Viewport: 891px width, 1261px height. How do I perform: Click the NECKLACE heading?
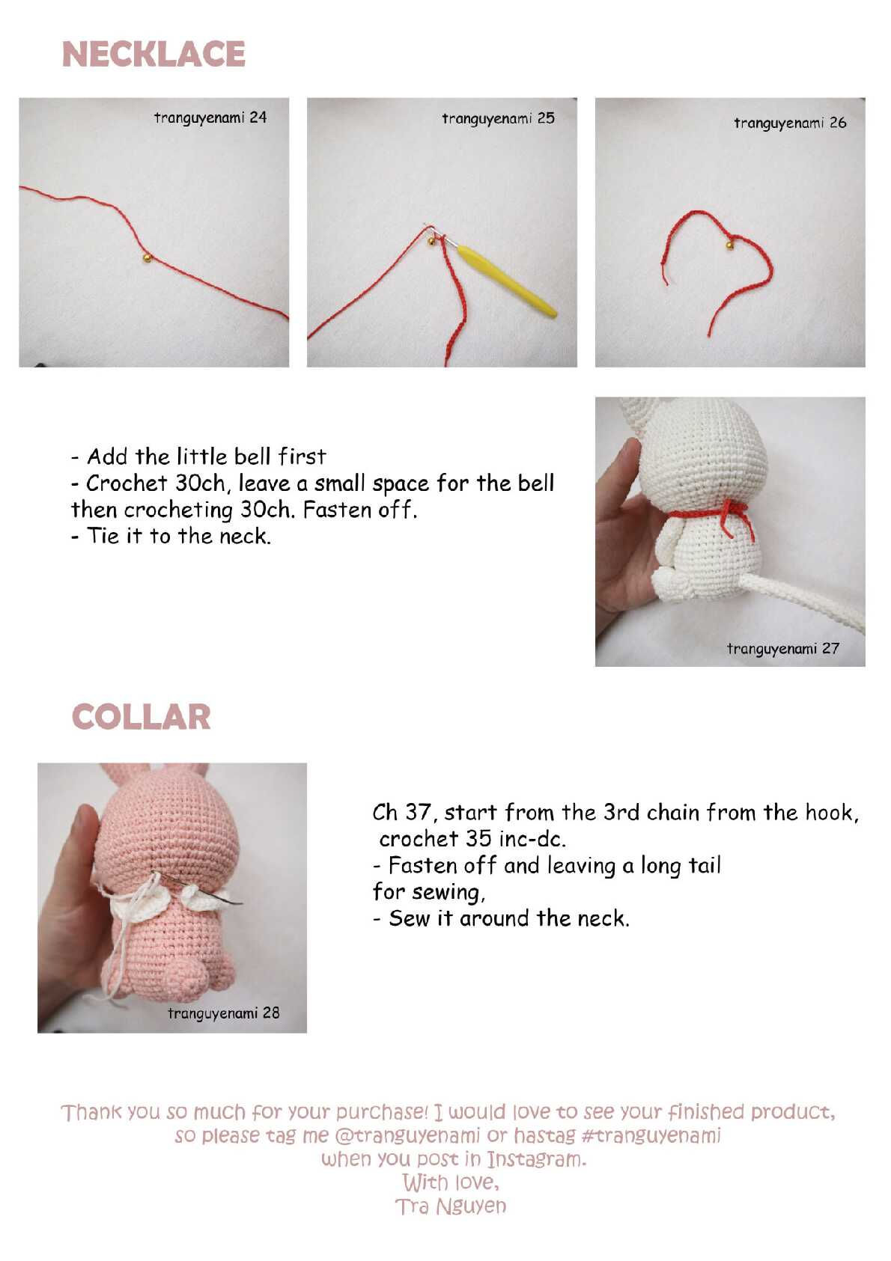pos(153,54)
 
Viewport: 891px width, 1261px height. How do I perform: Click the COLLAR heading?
pos(142,717)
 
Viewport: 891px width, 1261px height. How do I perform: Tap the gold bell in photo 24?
pos(147,258)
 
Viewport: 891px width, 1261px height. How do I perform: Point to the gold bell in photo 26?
pos(729,245)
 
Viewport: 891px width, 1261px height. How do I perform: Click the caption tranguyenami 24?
pos(210,117)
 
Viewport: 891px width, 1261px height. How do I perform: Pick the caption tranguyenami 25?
pos(498,118)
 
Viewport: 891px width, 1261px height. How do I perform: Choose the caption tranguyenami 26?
pos(790,123)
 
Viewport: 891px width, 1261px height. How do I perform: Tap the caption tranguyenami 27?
pos(783,649)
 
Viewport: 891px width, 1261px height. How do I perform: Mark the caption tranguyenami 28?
pos(224,1013)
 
